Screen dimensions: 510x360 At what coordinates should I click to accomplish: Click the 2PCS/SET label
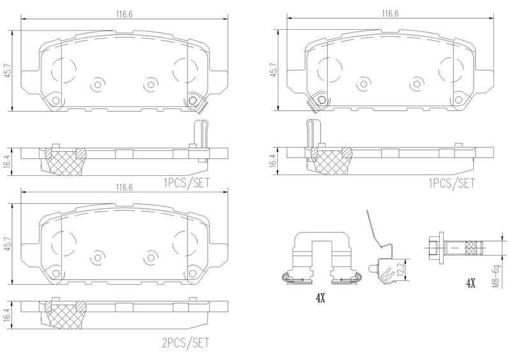186,342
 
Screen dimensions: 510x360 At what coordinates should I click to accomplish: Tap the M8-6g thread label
495,277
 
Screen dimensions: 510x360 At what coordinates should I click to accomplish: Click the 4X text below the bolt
470,284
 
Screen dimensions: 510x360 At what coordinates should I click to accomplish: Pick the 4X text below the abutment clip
321,298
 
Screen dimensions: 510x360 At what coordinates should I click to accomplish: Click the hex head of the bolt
434,247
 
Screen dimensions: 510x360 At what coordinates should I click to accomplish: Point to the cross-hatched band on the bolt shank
473,248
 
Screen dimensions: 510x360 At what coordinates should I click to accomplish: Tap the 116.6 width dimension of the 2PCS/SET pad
124,187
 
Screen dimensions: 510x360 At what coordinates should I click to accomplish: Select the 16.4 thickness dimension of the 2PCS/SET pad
8,315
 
